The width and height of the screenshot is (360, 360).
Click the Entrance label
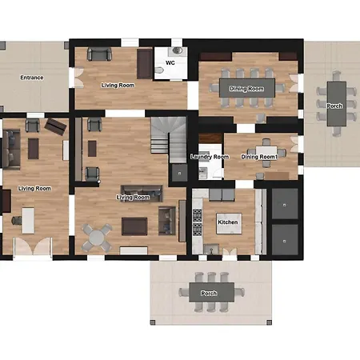pyautogui.click(x=32, y=78)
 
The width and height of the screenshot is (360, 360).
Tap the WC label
pyautogui.click(x=170, y=62)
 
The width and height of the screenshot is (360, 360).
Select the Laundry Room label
pyautogui.click(x=210, y=157)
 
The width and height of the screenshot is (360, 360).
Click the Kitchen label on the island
pyautogui.click(x=228, y=222)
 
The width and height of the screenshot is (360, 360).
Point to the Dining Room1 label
pyautogui.click(x=259, y=157)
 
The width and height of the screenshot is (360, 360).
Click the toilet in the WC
pyautogui.click(x=159, y=70)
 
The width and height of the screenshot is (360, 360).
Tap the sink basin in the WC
pyautogui.click(x=177, y=50)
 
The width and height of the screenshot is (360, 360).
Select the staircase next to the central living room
pyautogui.click(x=169, y=139)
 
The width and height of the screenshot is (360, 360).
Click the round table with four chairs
pyautogui.click(x=96, y=238)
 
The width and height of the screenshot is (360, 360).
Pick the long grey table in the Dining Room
pyautogui.click(x=247, y=88)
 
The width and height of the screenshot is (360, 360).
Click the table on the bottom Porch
pyautogui.click(x=212, y=292)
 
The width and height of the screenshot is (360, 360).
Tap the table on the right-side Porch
pyautogui.click(x=337, y=104)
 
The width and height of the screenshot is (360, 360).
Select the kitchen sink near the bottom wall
pyautogui.click(x=211, y=250)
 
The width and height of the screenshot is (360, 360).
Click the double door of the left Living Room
pyautogui.click(x=33, y=246)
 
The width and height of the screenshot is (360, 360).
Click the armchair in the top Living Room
pyautogui.click(x=99, y=54)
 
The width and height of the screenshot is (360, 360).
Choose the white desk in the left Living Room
pyautogui.click(x=28, y=221)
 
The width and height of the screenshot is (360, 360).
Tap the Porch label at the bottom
pyautogui.click(x=209, y=294)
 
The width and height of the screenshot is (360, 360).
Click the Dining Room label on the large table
pyautogui.click(x=246, y=89)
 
